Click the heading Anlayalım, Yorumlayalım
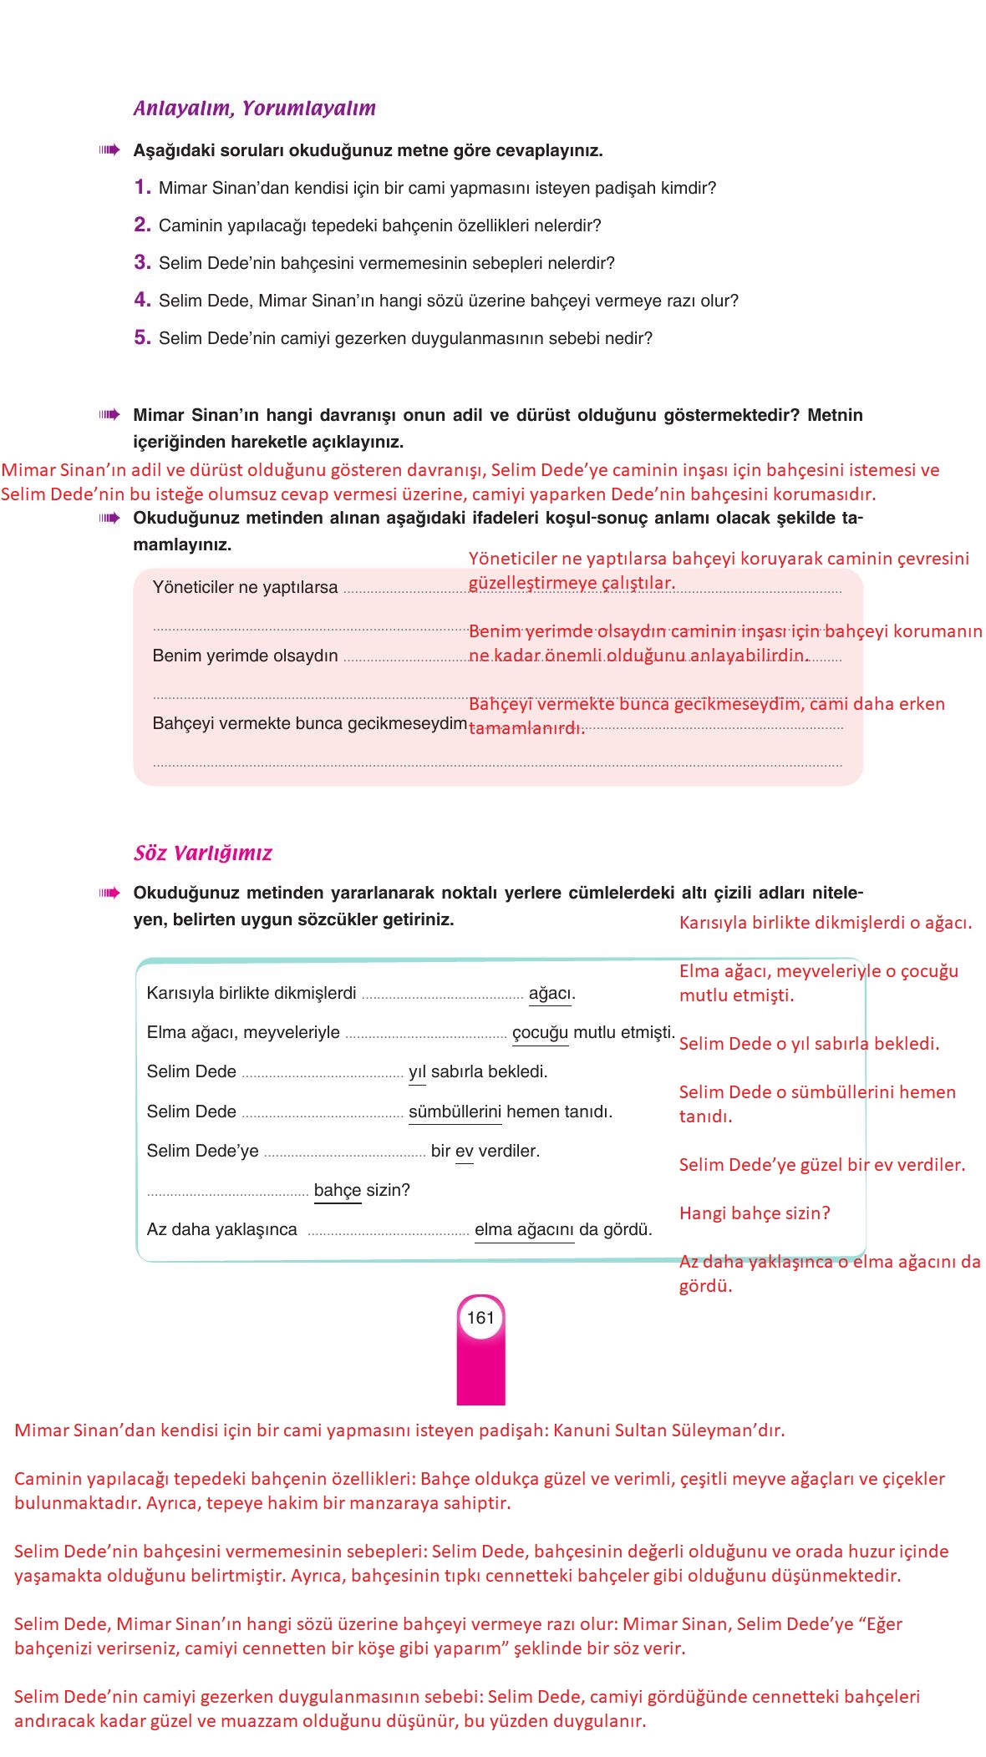254,108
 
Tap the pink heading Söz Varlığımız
203,853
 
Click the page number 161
480,1318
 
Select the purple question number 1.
142,187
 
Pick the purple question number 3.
142,262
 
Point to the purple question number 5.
142,337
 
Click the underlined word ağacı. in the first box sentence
551,993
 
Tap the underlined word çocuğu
540,1032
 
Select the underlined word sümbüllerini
455,1111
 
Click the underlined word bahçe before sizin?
338,1190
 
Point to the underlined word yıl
417,1071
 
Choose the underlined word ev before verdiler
464,1151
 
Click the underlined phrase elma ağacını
524,1229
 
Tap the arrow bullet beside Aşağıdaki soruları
109,150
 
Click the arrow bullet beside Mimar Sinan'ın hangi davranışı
109,415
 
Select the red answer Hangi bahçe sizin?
755,1213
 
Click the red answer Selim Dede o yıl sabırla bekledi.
809,1043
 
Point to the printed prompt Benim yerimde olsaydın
245,656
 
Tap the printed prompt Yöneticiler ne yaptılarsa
245,587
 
